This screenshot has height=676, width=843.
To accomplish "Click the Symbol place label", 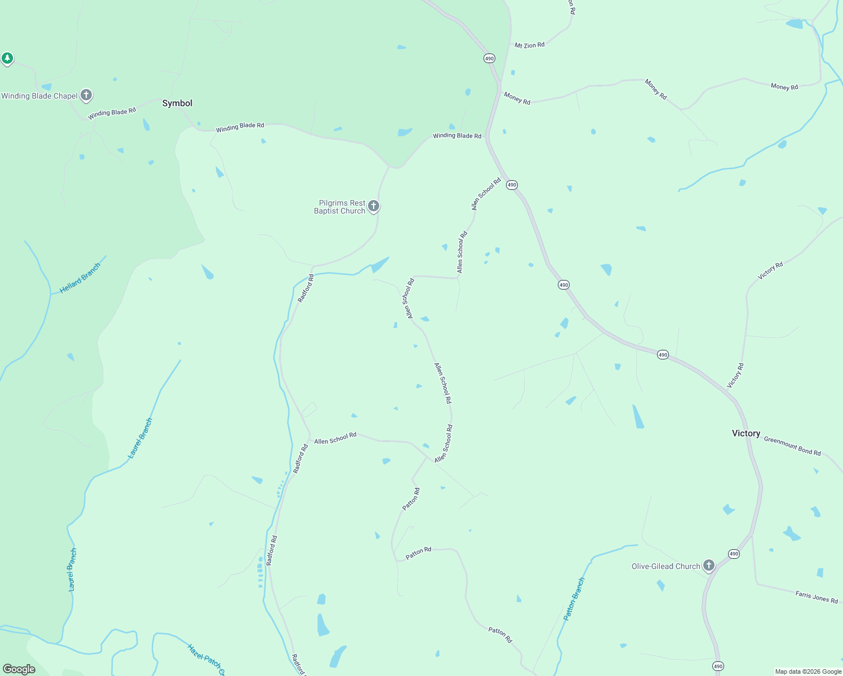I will tap(177, 103).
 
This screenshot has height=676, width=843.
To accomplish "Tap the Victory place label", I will tap(746, 433).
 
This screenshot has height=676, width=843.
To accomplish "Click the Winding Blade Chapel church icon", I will tap(86, 95).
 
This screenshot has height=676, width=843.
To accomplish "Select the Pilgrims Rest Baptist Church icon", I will tap(373, 206).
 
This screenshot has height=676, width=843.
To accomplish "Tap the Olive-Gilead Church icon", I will tap(709, 565).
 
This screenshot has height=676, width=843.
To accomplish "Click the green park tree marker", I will tap(7, 57).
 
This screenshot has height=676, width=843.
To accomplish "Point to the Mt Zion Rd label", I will tap(529, 45).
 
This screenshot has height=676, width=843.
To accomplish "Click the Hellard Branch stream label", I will tap(80, 278).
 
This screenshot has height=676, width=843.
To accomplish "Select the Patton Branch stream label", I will tap(574, 599).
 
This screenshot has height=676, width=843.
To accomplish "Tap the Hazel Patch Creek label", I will tap(206, 659).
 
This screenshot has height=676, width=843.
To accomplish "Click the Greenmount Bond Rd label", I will tap(792, 446).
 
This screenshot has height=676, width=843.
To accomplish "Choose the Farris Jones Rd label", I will tap(817, 597).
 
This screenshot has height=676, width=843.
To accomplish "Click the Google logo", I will tap(19, 669).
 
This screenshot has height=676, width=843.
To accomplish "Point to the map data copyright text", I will tap(808, 671).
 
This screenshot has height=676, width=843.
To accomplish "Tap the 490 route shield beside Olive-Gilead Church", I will tap(733, 554).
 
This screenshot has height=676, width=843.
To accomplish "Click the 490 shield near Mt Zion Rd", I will tap(489, 59).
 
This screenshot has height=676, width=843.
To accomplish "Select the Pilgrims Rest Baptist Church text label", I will tap(340, 207).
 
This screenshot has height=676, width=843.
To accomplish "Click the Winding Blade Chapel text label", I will tap(39, 96).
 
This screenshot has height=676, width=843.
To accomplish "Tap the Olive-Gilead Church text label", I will tap(665, 566).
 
